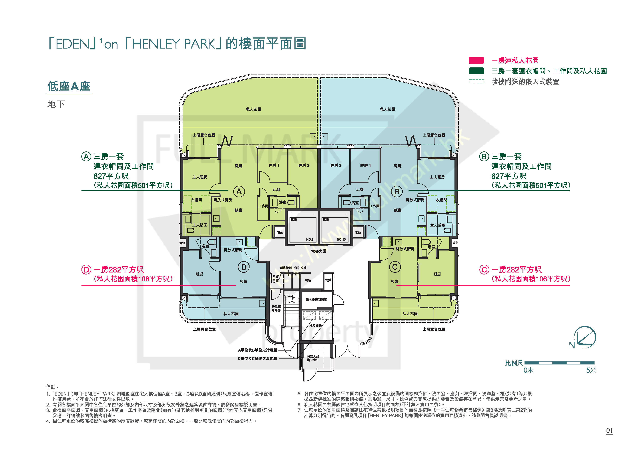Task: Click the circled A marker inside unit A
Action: [239, 192]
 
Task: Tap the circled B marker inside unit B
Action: [397, 192]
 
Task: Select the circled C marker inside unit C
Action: [395, 267]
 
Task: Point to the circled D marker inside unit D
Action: [244, 267]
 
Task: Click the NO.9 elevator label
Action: [310, 239]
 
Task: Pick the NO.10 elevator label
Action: [341, 239]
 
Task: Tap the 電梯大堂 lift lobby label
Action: [319, 251]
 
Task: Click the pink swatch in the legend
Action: [476, 60]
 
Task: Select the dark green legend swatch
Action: [476, 71]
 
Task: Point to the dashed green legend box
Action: [476, 82]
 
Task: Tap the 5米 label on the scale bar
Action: [591, 370]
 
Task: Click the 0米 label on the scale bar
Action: [528, 370]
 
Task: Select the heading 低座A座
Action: [69, 86]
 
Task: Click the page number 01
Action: [609, 430]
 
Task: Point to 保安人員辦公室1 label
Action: [313, 358]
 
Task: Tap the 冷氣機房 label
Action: [315, 325]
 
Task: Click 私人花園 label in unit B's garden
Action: [387, 109]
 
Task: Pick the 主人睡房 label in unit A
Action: [200, 177]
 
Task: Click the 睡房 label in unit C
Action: [437, 274]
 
